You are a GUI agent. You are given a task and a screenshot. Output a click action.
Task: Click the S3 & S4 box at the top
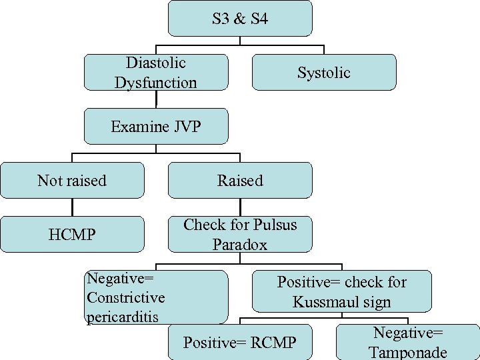[240, 18]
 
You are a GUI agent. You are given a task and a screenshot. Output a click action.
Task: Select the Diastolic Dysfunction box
[156, 72]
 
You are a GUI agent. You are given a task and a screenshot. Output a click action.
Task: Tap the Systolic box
[324, 72]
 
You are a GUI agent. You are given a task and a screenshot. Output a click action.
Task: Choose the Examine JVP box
[156, 126]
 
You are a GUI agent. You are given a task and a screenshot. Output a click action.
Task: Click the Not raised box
[72, 180]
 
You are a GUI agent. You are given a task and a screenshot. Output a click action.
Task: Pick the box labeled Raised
[240, 180]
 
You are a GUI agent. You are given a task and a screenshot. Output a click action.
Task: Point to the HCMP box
[72, 234]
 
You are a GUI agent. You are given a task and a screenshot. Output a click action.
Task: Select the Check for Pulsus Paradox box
[240, 234]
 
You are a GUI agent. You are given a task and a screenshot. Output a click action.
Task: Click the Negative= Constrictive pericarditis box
[157, 297]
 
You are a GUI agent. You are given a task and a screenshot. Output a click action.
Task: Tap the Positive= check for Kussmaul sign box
[342, 291]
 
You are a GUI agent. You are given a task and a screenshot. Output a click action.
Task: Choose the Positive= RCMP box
[239, 343]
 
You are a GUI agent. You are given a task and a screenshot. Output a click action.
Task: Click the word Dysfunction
[156, 83]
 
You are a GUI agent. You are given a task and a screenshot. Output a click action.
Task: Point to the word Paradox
[240, 245]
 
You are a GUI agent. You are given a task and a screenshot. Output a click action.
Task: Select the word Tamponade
[408, 353]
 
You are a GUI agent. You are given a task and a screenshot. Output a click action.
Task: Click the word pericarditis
[123, 316]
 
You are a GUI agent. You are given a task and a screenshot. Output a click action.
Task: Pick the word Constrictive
[126, 297]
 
